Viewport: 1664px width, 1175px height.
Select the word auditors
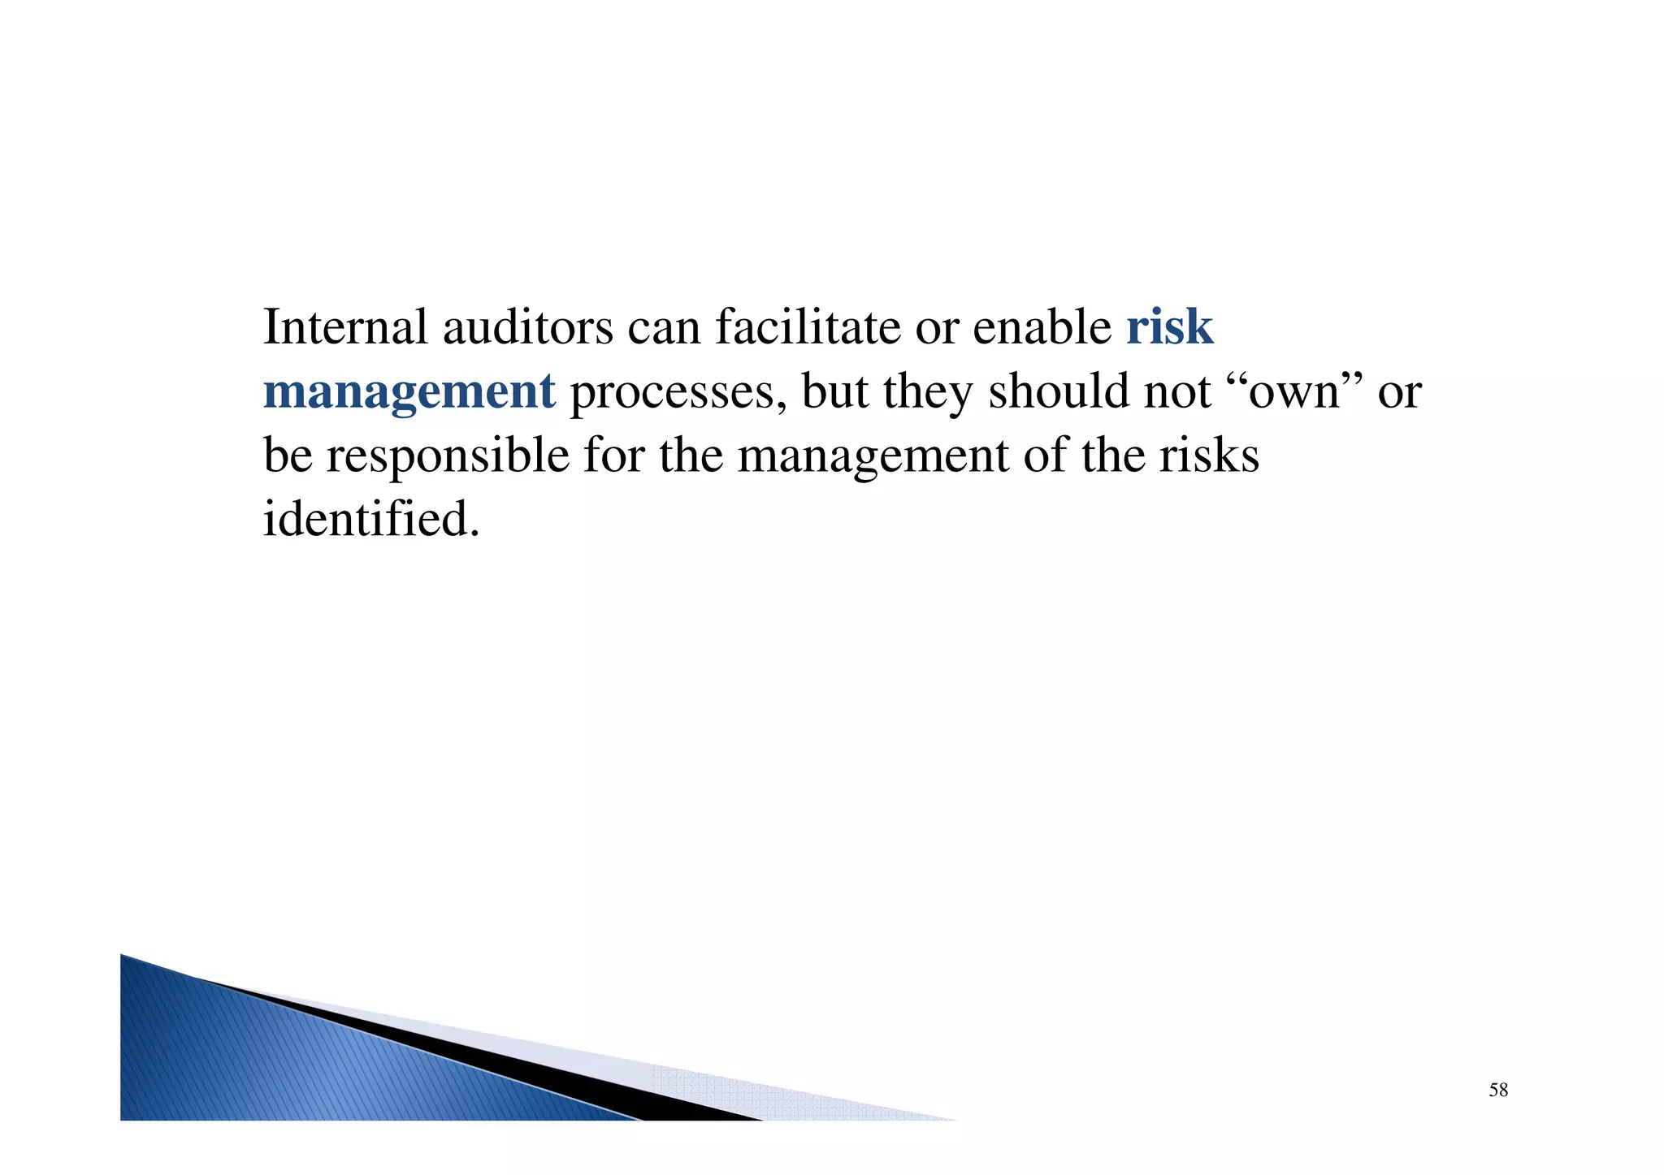coord(528,327)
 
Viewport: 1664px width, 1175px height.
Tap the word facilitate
coord(808,327)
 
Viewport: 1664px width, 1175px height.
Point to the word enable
coord(1042,327)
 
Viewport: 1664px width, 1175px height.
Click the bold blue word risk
coord(1169,327)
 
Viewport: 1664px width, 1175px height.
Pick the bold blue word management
coord(409,392)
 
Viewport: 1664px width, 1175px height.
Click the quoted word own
coord(1293,393)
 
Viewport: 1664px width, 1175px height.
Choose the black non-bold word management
coord(873,457)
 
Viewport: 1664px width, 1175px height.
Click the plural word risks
coord(1209,456)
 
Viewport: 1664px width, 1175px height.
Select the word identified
coord(370,519)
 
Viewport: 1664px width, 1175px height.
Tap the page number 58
coord(1498,1091)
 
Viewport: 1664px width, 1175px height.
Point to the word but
coord(834,391)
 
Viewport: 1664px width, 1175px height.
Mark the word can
coord(664,329)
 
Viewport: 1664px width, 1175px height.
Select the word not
coord(1177,392)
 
